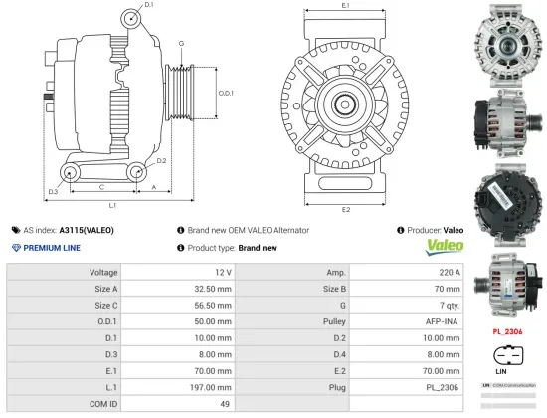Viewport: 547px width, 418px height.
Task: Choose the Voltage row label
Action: [x=103, y=272]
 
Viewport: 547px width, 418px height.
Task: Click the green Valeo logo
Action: [x=444, y=245]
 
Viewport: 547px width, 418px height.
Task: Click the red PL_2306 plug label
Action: [x=507, y=331]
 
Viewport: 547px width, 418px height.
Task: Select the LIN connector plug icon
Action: [x=506, y=356]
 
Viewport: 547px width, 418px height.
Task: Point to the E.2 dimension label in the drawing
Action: [x=345, y=210]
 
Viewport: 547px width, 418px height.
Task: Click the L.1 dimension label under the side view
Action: [x=112, y=205]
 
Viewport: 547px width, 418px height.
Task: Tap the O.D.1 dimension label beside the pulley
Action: [x=226, y=93]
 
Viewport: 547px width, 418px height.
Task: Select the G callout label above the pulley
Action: [x=181, y=43]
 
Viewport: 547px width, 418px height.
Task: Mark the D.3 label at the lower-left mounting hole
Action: [x=53, y=190]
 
